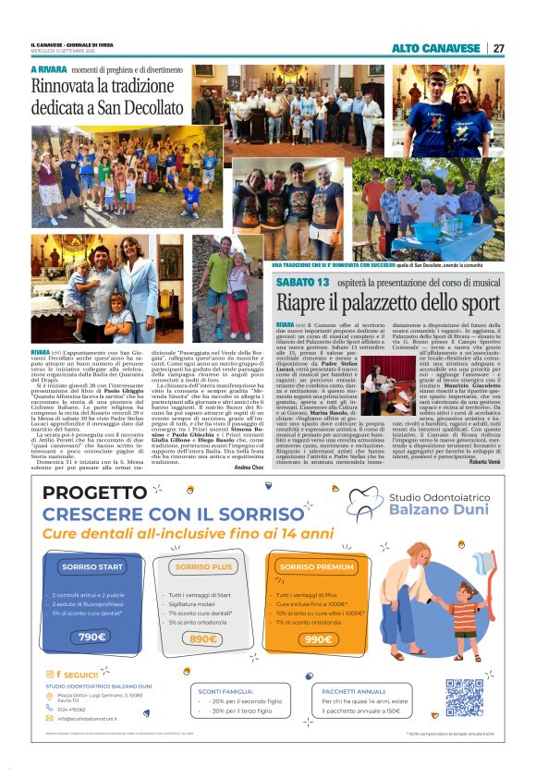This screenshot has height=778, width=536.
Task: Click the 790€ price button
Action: pos(91,637)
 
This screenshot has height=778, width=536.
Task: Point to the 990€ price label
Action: pos(317,638)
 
